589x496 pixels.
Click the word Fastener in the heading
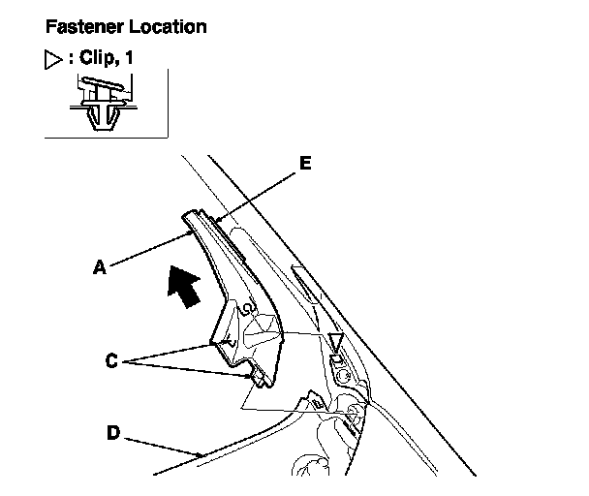click(80, 27)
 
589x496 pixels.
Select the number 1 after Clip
click(129, 59)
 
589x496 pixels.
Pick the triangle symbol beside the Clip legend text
click(54, 59)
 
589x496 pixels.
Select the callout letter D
click(112, 432)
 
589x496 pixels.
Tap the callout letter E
click(305, 164)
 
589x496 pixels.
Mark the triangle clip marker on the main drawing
click(335, 341)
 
